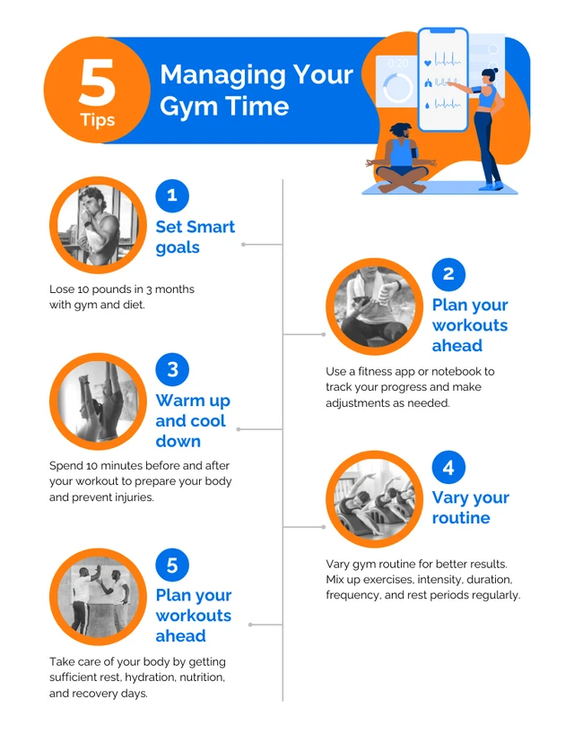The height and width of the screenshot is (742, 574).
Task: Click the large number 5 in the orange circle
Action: (97, 82)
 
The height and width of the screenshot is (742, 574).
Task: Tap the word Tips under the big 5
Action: (98, 120)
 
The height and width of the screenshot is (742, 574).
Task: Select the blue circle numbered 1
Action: (172, 195)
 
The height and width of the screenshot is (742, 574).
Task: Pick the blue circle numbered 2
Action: (448, 274)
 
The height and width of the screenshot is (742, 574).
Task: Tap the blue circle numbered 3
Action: (172, 369)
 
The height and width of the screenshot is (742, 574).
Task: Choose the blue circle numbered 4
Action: (448, 467)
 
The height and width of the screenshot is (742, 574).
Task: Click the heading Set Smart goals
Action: (196, 237)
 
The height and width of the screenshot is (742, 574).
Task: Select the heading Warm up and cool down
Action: (193, 420)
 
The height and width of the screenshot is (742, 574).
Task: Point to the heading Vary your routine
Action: (471, 508)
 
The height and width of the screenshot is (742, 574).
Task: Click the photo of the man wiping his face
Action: (98, 225)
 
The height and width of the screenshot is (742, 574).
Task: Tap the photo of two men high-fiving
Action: (98, 597)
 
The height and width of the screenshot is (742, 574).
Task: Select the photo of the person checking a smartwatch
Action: (374, 306)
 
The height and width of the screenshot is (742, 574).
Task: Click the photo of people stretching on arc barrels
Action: (374, 499)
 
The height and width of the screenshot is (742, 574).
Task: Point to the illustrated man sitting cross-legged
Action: (401, 159)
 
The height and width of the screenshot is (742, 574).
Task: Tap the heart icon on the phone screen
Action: (427, 64)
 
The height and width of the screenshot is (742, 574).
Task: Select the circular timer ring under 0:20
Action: (397, 88)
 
